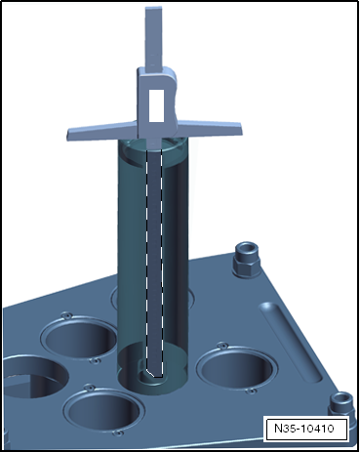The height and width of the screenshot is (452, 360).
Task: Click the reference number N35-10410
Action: [x=304, y=429]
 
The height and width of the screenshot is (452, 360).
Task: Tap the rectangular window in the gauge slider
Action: [x=156, y=105]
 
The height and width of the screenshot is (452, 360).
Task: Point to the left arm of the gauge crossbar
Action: [x=101, y=132]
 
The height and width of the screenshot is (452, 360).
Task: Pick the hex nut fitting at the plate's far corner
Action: [x=247, y=260]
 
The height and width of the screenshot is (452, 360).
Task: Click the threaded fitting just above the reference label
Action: [x=340, y=404]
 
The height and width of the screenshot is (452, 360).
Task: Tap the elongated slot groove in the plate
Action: [x=290, y=342]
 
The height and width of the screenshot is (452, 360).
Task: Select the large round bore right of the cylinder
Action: [x=237, y=368]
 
